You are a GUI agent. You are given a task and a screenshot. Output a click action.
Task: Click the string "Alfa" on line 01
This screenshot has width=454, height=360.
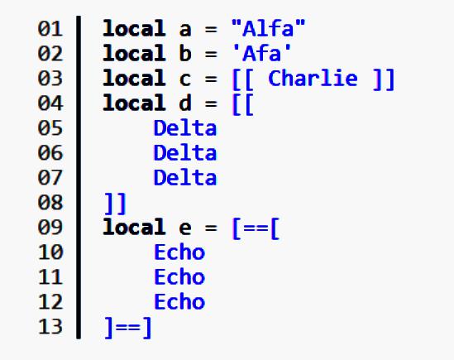point(269,28)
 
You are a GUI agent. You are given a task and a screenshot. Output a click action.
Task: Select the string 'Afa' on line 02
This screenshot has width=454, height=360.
point(262,53)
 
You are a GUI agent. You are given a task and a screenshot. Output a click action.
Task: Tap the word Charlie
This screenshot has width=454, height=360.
point(313,79)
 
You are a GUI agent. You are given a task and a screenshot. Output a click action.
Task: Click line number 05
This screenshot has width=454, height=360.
point(50,127)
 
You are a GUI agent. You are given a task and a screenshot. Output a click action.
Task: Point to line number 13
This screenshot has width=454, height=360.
point(50,327)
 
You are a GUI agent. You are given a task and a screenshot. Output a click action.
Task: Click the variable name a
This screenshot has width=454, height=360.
point(185,30)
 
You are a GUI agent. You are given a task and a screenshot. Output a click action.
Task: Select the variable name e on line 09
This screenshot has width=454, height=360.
point(185,228)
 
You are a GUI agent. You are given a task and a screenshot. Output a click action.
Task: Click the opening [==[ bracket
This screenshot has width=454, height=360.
point(256,228)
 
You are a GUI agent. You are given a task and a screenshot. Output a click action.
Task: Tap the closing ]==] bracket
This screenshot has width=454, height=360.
point(127,328)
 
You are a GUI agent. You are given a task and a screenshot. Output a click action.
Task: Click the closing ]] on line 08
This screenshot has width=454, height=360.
point(115,204)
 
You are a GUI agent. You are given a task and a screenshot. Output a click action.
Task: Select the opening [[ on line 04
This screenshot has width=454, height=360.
point(243,104)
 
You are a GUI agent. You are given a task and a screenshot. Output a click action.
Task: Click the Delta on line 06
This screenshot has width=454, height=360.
point(185,153)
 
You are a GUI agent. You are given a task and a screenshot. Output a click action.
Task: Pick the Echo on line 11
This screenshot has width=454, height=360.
point(179,276)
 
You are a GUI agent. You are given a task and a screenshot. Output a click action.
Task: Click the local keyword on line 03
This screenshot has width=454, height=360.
point(134,79)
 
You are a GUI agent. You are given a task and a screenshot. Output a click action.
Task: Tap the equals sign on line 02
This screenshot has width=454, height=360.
point(211,54)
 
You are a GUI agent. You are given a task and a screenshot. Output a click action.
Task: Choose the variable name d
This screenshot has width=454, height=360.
point(185,103)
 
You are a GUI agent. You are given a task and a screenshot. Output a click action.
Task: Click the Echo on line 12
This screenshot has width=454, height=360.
point(179,302)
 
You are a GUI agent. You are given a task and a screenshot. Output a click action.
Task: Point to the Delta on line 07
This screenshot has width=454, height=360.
point(185,177)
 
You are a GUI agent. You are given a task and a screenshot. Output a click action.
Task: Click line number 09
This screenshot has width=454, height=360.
point(50,228)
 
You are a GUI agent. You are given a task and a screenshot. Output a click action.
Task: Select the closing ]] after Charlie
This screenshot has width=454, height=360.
point(384,79)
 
